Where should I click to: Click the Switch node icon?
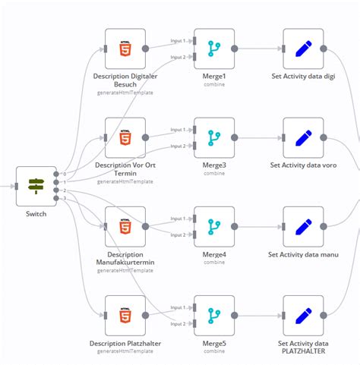36,186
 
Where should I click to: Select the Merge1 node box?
214,49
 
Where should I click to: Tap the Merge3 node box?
214,137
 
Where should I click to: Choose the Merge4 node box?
214,226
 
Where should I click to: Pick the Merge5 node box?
214,315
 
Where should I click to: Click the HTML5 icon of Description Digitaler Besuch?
125,49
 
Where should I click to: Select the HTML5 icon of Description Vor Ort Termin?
125,137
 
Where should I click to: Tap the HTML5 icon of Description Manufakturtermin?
125,226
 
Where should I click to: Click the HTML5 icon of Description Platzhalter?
125,315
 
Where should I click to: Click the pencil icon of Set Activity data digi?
303,49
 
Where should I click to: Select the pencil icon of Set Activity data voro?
303,137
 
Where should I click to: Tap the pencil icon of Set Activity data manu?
303,226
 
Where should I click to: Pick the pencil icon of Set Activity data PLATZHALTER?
303,315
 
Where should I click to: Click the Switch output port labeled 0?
57,174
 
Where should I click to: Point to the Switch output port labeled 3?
57,199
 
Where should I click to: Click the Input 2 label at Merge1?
178,57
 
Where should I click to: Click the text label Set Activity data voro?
303,165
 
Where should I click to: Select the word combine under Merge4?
214,262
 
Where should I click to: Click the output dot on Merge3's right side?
235,137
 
